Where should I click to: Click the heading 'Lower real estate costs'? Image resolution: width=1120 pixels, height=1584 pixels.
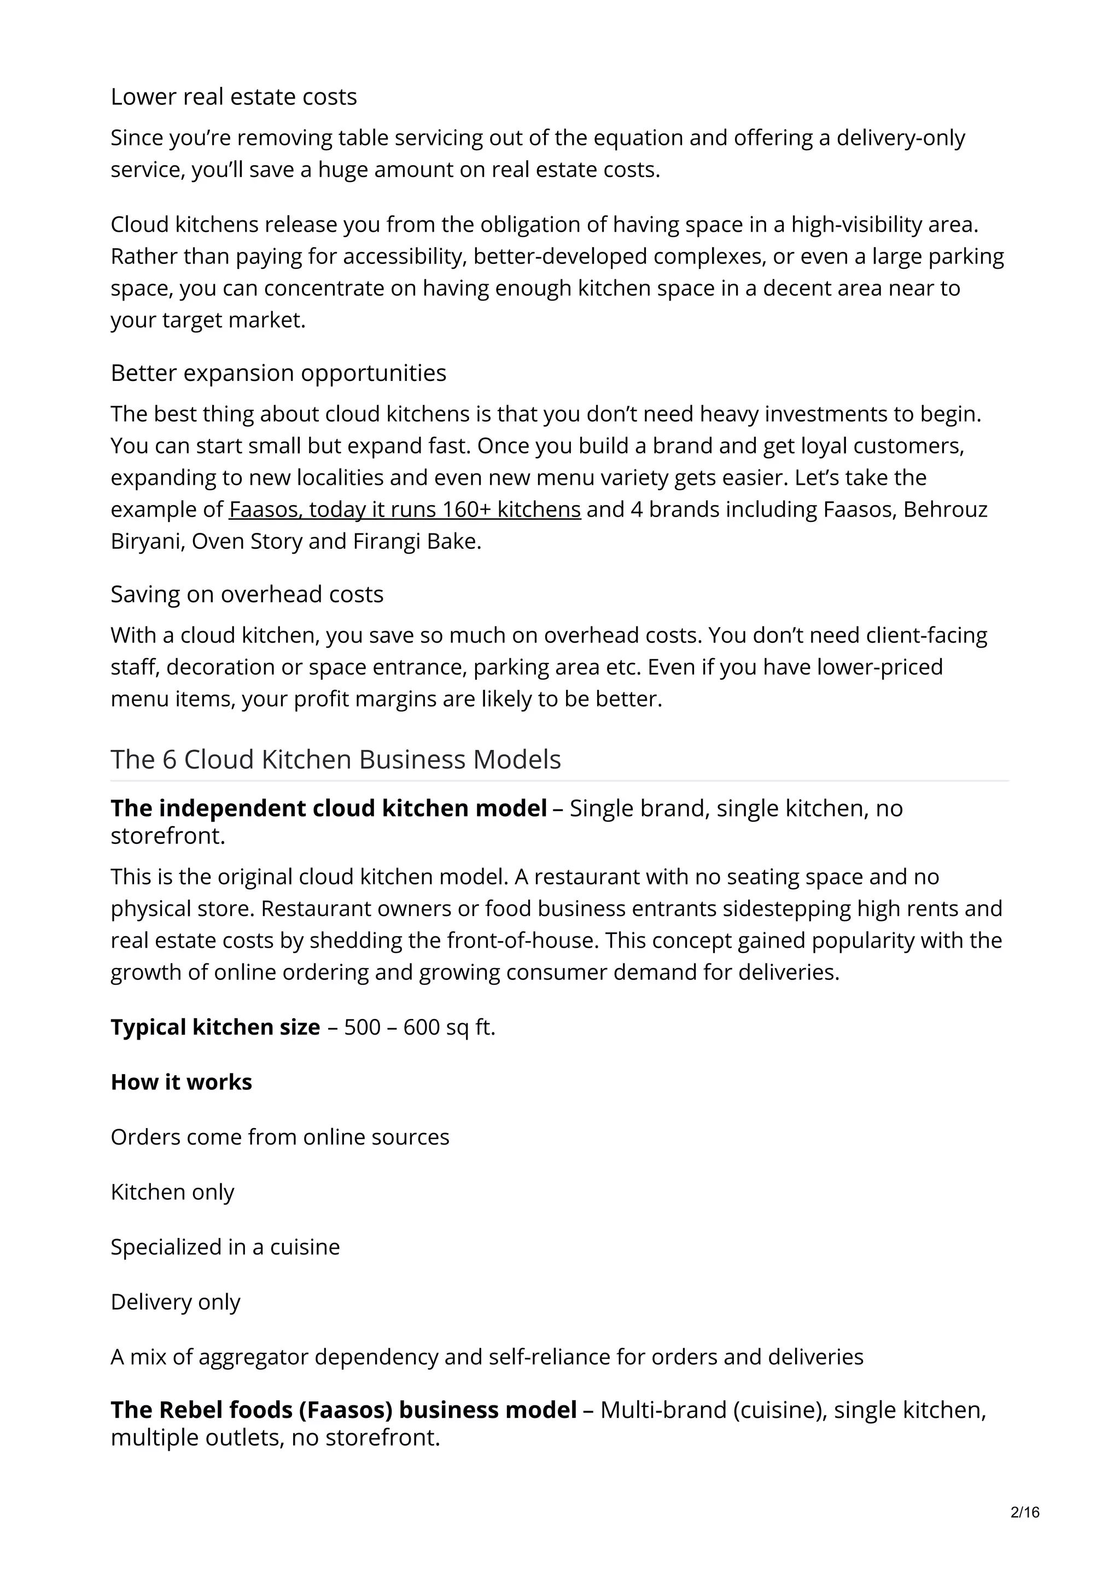234,97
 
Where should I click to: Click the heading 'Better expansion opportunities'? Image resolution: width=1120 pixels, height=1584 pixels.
278,373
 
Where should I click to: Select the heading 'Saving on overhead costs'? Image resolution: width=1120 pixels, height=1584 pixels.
246,594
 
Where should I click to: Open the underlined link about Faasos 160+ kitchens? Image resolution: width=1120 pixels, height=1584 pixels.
404,509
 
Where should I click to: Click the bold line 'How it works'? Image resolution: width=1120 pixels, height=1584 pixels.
181,1082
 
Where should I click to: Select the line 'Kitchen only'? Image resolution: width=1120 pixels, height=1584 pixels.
172,1192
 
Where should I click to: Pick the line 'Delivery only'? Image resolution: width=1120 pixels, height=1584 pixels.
176,1302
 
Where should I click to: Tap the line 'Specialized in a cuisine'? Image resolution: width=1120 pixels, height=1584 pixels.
225,1247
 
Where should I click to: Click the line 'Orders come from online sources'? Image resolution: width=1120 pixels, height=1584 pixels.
279,1137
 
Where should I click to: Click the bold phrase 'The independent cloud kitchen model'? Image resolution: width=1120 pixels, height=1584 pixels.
329,808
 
